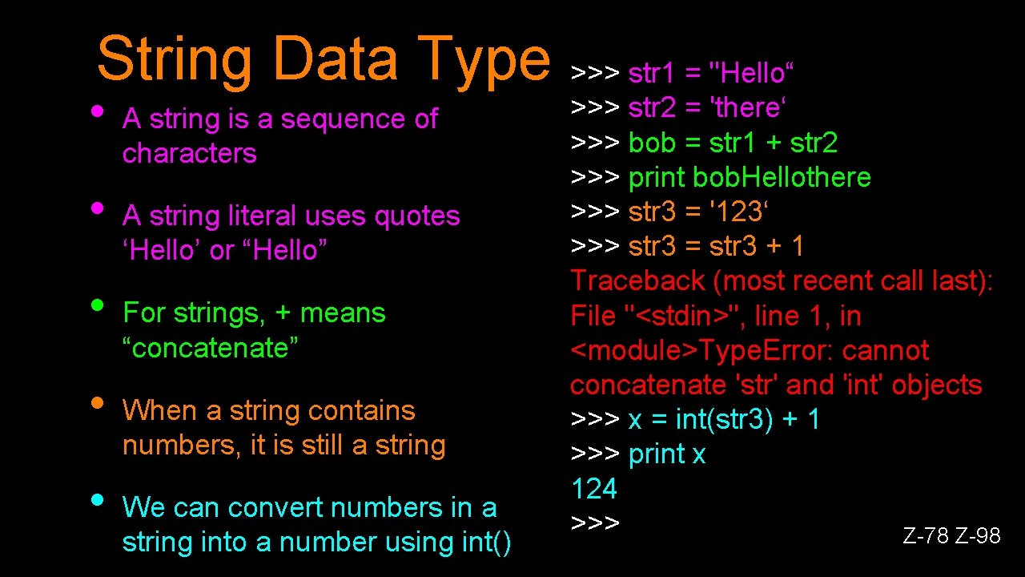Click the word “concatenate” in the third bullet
(211, 349)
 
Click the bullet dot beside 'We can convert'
(98, 499)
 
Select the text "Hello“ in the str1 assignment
(752, 74)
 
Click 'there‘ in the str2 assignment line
(750, 108)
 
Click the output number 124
(594, 489)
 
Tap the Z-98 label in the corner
(979, 535)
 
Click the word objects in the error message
(937, 385)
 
